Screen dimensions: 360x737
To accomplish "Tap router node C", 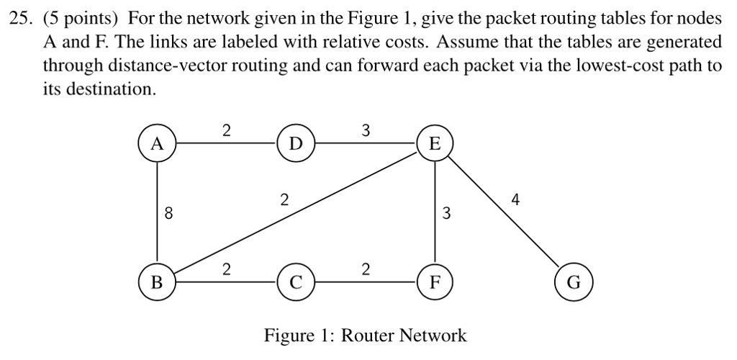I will tap(296, 282).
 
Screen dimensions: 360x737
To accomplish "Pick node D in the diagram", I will tap(296, 143).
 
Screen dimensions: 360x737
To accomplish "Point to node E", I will tap(434, 143).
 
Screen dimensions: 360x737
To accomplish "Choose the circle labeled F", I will tap(434, 282).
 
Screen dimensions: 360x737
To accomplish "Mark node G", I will tap(574, 282).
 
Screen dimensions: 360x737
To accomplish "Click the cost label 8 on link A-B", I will tap(168, 213).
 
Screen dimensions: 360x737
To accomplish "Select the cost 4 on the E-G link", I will tap(514, 199).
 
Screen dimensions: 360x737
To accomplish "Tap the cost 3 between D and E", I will tap(366, 130).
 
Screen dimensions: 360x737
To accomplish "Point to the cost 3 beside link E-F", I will tap(446, 213).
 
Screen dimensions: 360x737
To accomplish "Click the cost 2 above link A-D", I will tap(227, 130).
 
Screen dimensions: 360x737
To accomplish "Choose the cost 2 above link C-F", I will tap(366, 269).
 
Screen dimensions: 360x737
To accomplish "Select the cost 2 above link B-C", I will tap(227, 269).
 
